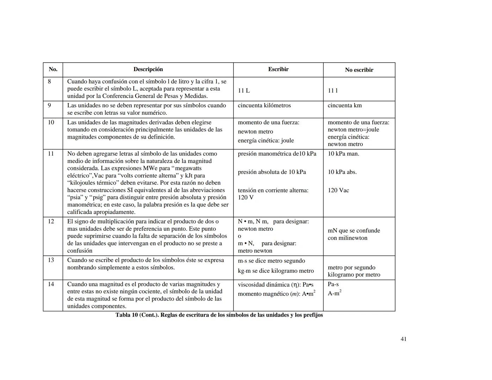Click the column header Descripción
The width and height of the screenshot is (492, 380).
pos(148,69)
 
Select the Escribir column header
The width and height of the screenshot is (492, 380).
pos(278,69)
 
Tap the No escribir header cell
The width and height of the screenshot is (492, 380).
pos(359,70)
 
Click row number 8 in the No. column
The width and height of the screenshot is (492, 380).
pos(49,82)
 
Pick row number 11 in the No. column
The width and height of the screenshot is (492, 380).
pos(51,154)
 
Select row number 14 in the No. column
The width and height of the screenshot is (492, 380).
pos(51,284)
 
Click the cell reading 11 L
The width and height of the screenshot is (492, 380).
pos(244,91)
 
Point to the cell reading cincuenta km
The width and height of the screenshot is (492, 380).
pos(344,106)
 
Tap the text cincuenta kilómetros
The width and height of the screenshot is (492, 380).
pos(264,106)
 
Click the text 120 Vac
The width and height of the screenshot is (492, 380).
pos(338,190)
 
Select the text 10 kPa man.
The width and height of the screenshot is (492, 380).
pos(343,154)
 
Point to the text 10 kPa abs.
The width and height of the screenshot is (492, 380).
pos(342,172)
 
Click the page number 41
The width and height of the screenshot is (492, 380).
pos(404,339)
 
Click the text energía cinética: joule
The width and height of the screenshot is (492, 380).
pos(266,141)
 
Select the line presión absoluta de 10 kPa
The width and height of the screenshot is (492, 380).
pos(272,172)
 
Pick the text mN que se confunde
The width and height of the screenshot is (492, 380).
pos(354,231)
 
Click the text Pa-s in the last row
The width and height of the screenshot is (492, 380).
pos(333,284)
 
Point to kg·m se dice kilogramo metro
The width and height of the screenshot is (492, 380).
pos(275,271)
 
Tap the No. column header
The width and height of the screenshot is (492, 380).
pos(53,69)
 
